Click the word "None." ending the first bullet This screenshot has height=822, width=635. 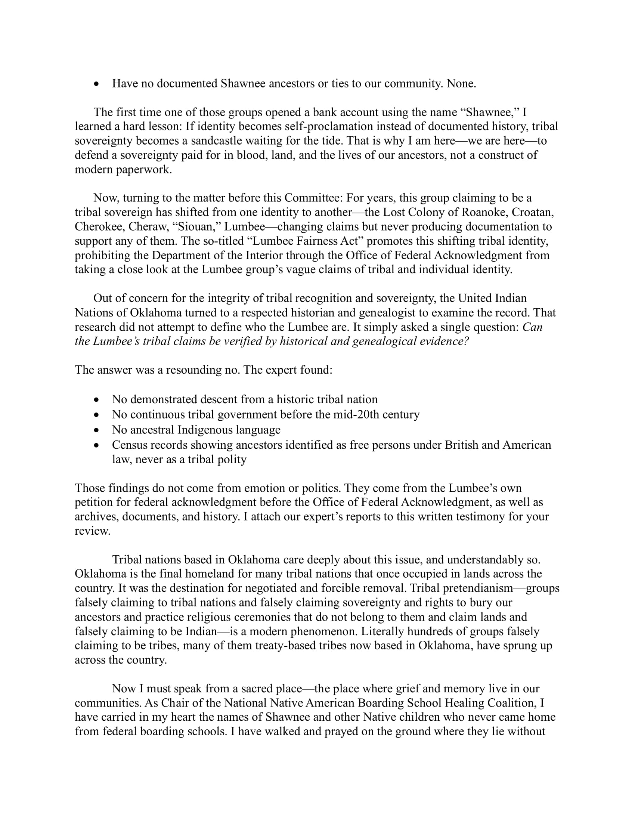(461, 84)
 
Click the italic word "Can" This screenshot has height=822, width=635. (532, 327)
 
